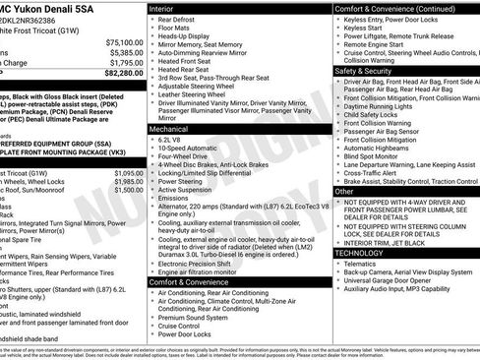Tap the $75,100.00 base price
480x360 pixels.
point(124,43)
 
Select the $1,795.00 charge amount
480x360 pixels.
point(126,62)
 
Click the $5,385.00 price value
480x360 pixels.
point(126,52)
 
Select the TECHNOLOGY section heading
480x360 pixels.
point(360,253)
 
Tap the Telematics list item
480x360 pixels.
point(363,264)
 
